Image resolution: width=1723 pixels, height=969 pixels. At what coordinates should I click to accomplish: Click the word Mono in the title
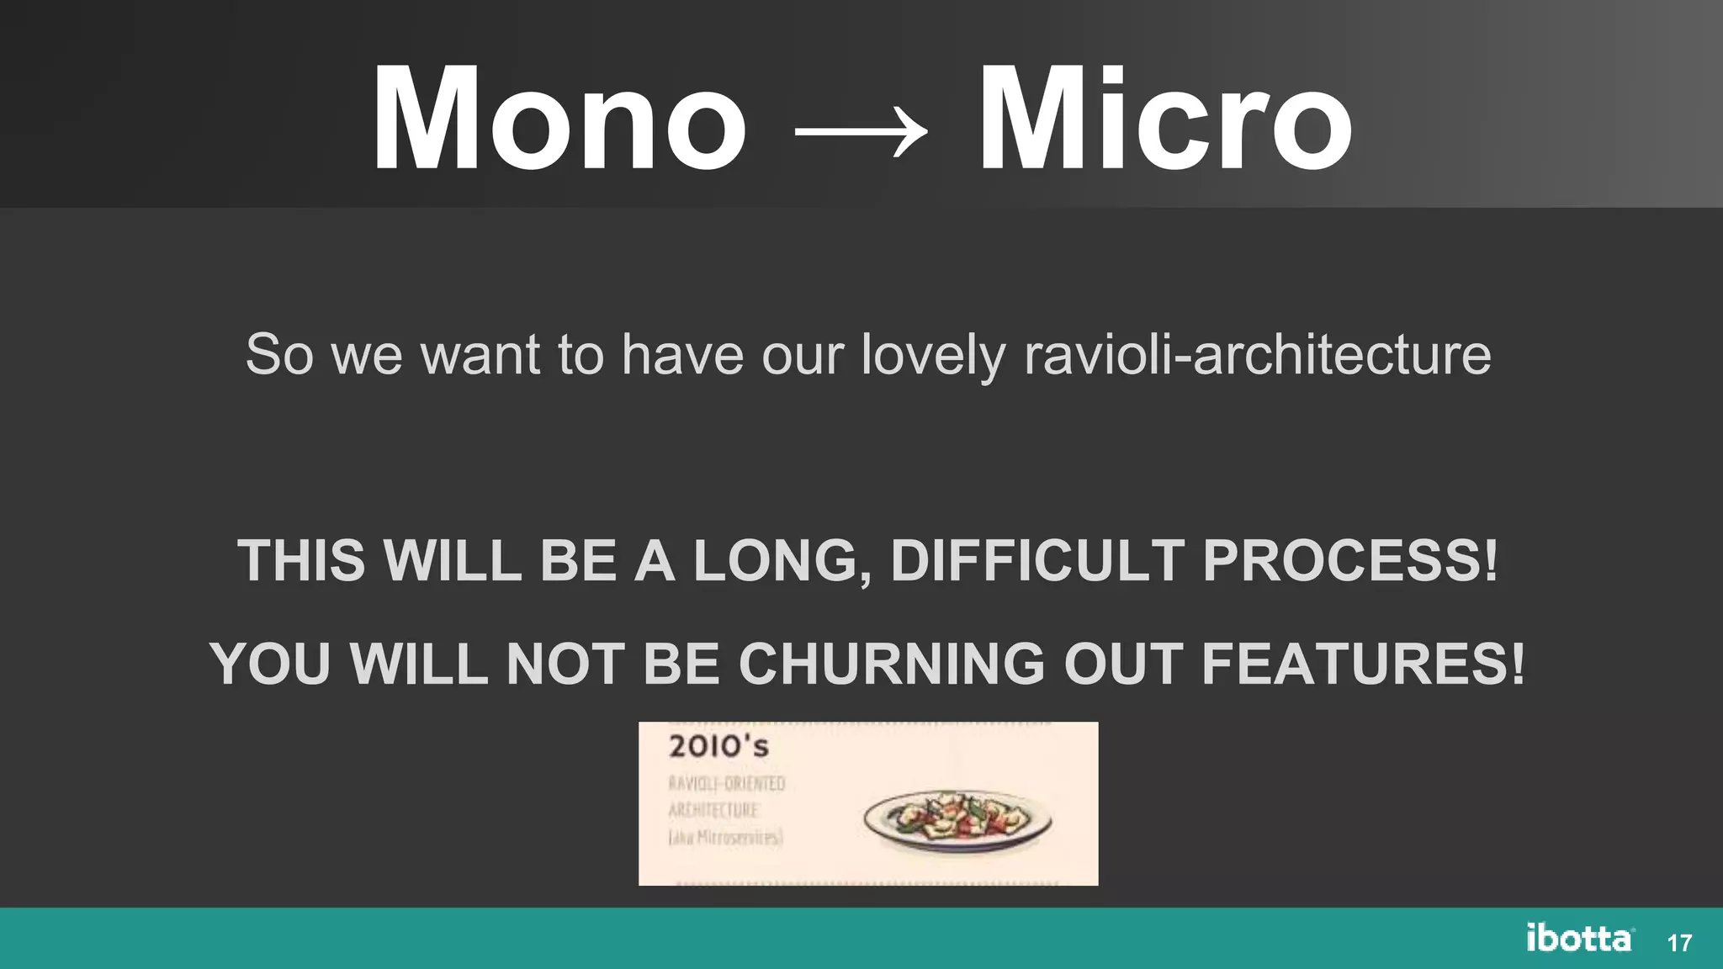559,119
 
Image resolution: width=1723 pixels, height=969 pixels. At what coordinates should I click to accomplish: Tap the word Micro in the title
1165,119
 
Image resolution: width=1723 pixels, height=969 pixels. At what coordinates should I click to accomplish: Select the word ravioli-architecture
1258,354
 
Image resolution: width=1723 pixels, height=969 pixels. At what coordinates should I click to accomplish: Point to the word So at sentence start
279,354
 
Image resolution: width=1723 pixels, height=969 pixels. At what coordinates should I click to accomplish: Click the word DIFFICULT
1037,560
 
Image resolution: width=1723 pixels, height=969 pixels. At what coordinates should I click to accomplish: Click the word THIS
301,560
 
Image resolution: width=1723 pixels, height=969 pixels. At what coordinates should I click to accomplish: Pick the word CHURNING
892,665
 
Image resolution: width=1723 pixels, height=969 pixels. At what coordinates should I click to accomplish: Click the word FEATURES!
1363,665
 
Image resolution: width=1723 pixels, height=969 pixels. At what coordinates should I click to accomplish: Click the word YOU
271,665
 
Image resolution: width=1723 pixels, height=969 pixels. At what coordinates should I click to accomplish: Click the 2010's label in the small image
718,746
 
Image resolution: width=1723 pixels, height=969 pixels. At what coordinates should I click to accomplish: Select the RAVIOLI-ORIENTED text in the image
727,783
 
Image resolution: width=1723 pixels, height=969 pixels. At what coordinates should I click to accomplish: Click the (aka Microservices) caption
725,837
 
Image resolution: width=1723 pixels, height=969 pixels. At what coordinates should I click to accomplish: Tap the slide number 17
1679,943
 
